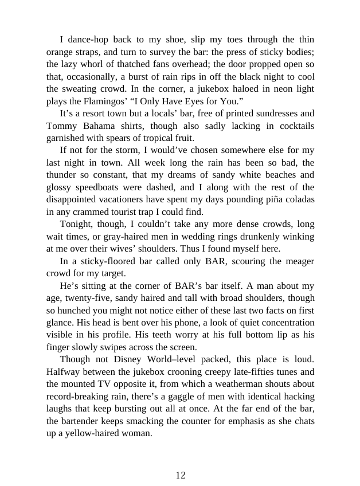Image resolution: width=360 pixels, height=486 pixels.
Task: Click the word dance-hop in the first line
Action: (x=89, y=40)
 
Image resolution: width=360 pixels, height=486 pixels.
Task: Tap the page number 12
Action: (x=181, y=475)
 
